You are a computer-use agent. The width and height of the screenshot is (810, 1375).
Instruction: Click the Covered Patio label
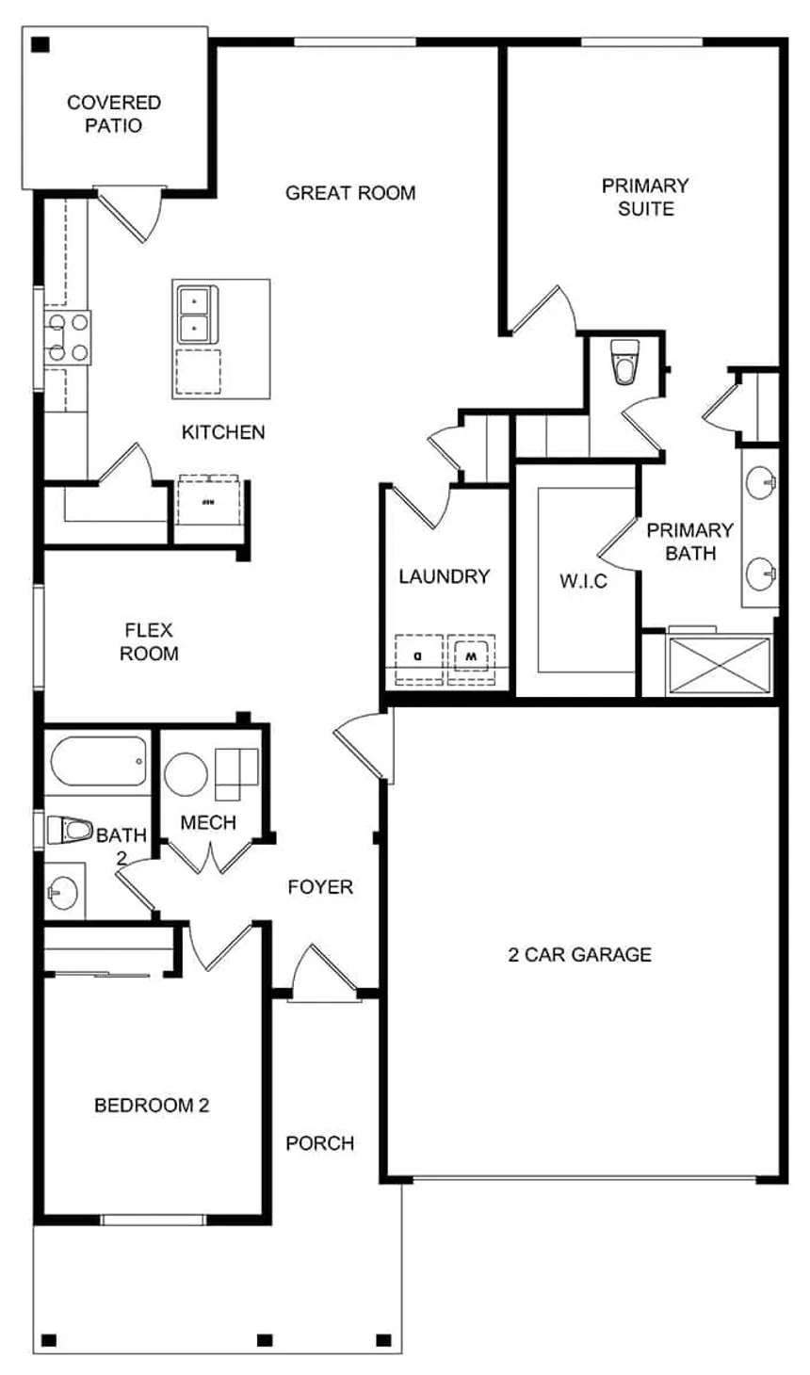114,114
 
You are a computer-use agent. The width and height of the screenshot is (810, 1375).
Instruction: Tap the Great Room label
350,193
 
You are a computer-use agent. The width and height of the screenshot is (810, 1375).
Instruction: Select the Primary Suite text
645,197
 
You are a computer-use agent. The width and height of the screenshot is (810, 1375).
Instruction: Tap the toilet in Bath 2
70,831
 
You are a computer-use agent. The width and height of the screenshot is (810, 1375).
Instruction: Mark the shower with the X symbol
719,666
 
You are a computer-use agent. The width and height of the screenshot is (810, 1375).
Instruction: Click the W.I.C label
583,581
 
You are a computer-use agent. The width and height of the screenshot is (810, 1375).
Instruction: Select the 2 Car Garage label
579,955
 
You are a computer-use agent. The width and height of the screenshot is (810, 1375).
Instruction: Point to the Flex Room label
149,641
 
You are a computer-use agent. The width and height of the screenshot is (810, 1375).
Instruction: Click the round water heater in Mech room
186,775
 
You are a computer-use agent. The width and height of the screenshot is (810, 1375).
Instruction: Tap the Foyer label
320,887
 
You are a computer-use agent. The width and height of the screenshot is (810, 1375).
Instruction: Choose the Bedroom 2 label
152,1105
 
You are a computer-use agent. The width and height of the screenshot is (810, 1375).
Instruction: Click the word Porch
320,1143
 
